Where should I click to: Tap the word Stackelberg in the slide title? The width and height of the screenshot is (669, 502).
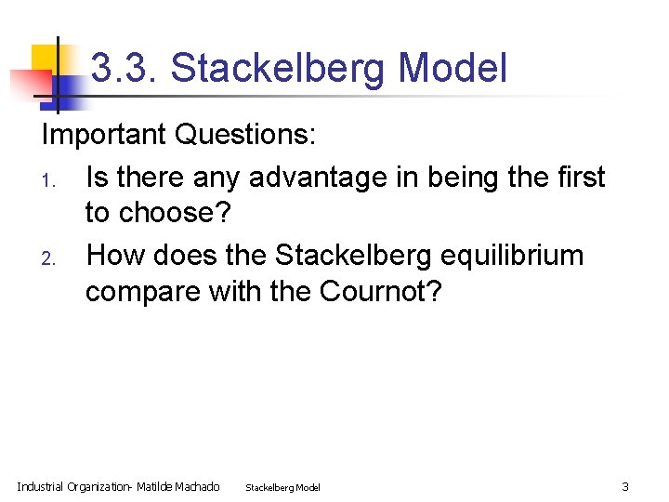(x=279, y=69)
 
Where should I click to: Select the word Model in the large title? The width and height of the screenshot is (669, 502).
(x=453, y=69)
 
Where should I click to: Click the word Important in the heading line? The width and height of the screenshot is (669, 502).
(x=104, y=136)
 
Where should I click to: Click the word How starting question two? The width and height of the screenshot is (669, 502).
(x=115, y=255)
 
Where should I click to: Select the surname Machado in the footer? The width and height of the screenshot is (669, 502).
(x=198, y=486)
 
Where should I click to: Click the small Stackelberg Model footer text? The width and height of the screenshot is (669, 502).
(x=282, y=487)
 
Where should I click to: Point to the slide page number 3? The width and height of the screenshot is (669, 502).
(x=625, y=486)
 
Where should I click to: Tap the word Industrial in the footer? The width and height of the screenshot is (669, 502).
(x=41, y=486)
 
